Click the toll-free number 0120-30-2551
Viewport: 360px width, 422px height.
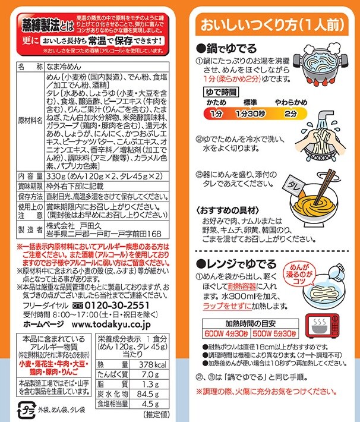[117, 305]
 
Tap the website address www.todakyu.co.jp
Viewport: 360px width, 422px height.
[111, 325]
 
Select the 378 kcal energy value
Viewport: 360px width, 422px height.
[153, 365]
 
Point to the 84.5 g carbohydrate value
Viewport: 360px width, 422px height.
[148, 394]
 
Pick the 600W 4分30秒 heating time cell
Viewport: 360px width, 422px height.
[226, 333]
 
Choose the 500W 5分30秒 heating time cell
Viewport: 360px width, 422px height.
[274, 333]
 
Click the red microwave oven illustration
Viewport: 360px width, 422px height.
[322, 326]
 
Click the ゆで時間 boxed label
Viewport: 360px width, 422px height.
[221, 92]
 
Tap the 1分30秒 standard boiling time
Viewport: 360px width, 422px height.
[251, 114]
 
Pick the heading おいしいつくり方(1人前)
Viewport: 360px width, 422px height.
[272, 25]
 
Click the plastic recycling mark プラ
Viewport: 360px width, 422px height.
[27, 410]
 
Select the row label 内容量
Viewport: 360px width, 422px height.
[30, 177]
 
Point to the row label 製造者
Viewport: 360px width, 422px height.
[30, 229]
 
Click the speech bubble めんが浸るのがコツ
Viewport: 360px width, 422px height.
[299, 274]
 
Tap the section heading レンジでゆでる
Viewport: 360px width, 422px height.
[236, 264]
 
